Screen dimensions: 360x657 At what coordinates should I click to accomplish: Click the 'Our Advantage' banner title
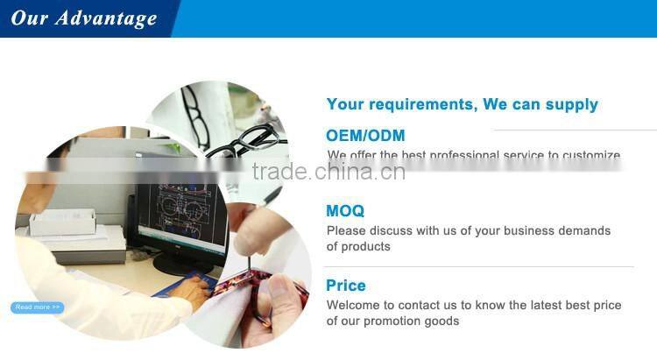[84, 18]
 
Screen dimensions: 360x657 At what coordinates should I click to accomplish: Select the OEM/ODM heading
[365, 136]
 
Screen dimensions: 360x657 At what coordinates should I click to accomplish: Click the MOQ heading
[345, 211]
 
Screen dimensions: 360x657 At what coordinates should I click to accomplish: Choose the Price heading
[346, 286]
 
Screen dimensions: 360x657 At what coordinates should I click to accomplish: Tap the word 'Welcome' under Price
[356, 306]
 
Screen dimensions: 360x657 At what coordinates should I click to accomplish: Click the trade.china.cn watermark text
[328, 171]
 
